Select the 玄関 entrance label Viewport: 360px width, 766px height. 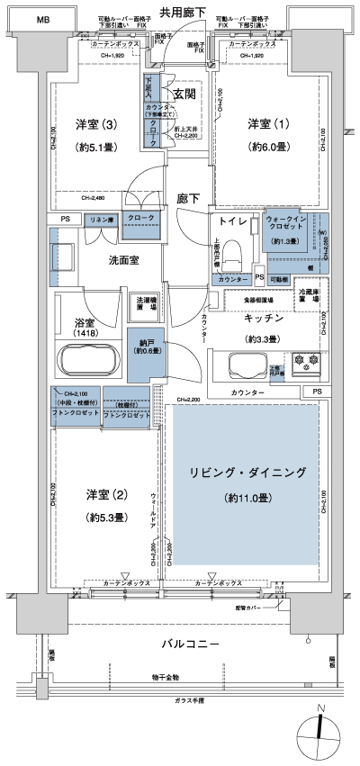(184, 94)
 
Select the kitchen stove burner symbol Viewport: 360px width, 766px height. (307, 365)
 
